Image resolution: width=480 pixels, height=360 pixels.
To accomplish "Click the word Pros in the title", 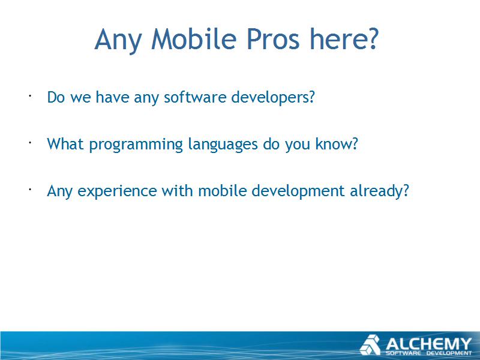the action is (273, 39).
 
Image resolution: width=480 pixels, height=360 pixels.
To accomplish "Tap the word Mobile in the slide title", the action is (194, 39).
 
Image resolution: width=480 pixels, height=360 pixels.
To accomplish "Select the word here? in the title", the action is (344, 39).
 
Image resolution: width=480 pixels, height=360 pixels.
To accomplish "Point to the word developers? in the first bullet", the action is (273, 98).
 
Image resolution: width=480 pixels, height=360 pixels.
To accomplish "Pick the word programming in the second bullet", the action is (136, 145).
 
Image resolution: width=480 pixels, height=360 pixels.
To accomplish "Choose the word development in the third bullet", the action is (298, 191).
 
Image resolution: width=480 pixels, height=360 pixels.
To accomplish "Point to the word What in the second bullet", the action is (65, 144).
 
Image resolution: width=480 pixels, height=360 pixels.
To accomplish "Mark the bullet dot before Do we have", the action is (30, 96).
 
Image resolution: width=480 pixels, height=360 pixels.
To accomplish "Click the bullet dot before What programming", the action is (30, 143).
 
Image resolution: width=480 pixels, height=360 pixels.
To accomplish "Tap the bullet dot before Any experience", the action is (30, 190).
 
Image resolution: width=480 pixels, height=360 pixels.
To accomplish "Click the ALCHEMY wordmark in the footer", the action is (428, 344).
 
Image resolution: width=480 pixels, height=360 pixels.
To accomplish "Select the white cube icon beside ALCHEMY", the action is (370, 345).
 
